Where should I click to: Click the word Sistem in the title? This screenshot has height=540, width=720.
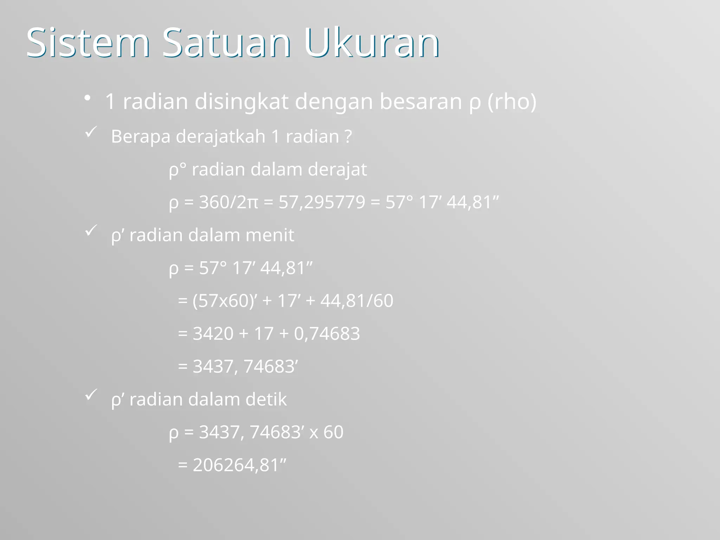[88, 43]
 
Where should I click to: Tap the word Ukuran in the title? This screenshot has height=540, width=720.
[372, 43]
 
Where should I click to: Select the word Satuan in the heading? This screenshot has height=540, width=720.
[226, 43]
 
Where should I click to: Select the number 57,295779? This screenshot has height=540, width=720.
[322, 202]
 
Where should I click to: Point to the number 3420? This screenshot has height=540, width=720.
[213, 333]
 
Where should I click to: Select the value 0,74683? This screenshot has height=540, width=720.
[327, 333]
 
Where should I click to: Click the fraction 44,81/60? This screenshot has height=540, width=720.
[356, 301]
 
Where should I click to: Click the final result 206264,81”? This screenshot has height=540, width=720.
[239, 465]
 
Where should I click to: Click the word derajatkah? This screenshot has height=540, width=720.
[220, 136]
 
